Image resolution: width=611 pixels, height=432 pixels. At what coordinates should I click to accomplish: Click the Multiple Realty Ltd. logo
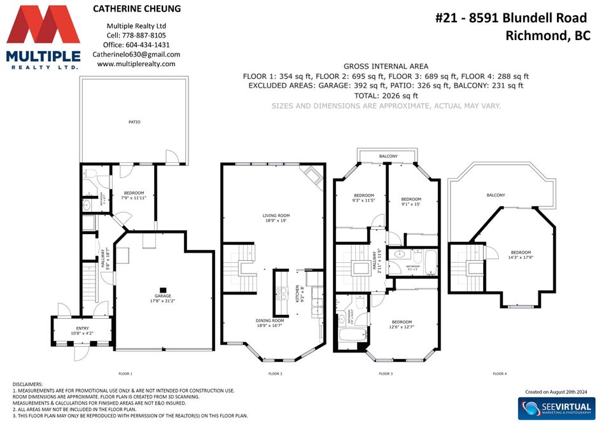43,37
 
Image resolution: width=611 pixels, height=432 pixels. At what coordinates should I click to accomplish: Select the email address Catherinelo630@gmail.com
136,55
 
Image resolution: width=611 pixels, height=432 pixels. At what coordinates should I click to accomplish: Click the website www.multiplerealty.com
136,64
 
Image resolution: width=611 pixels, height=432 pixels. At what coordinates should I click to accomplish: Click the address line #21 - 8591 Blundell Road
510,18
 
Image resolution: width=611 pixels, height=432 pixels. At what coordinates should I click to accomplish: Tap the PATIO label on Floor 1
134,122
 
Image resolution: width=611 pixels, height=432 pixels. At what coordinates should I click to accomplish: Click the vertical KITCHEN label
297,293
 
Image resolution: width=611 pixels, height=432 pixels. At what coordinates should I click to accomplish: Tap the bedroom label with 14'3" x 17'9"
520,255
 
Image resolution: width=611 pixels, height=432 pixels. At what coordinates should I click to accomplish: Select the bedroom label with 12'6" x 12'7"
402,324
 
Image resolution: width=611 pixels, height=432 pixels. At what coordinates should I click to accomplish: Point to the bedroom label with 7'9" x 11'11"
134,195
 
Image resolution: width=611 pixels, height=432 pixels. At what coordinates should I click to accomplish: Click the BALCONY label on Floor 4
496,195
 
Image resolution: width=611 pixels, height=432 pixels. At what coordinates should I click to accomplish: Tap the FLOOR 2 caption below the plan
276,373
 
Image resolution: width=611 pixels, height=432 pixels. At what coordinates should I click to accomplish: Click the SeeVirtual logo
555,407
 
